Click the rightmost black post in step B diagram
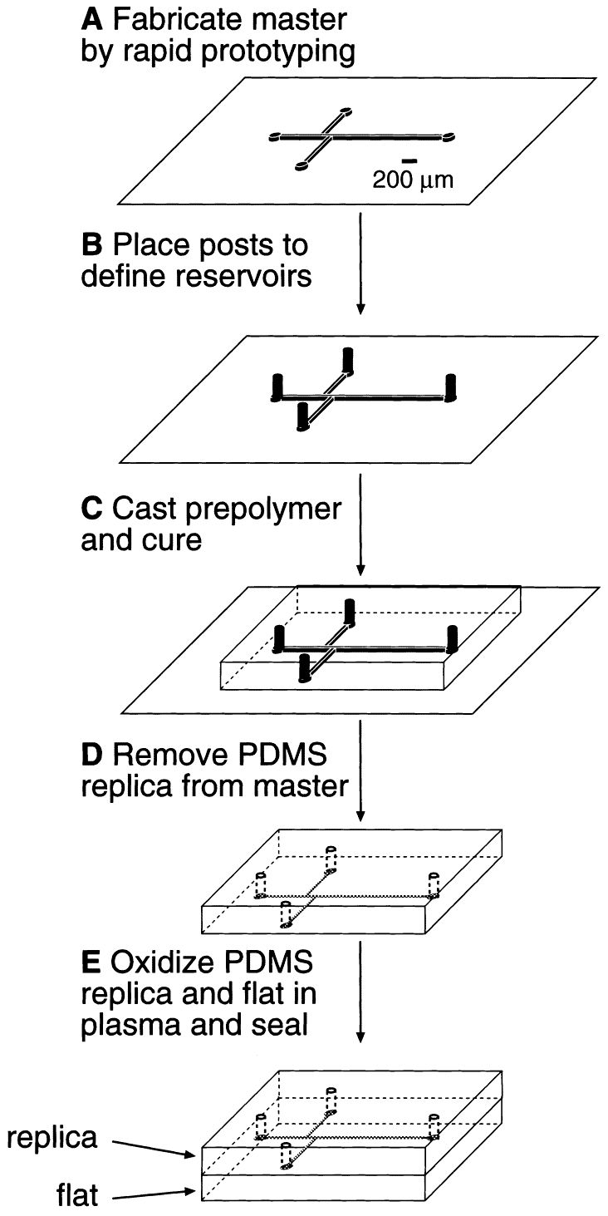tap(451, 387)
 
